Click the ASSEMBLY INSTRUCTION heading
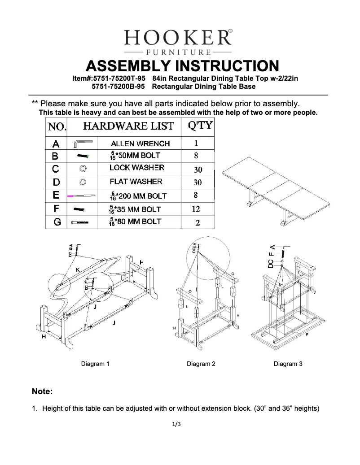(182, 65)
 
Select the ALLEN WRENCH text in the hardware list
(140, 143)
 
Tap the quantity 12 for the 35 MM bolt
(196, 209)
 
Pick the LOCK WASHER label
(137, 168)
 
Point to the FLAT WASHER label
(136, 182)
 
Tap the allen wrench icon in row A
(83, 143)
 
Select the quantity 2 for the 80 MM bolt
(197, 222)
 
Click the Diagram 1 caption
(95, 364)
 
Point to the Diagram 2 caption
(201, 364)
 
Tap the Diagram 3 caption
(288, 364)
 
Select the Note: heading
(42, 391)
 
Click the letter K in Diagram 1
(78, 269)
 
